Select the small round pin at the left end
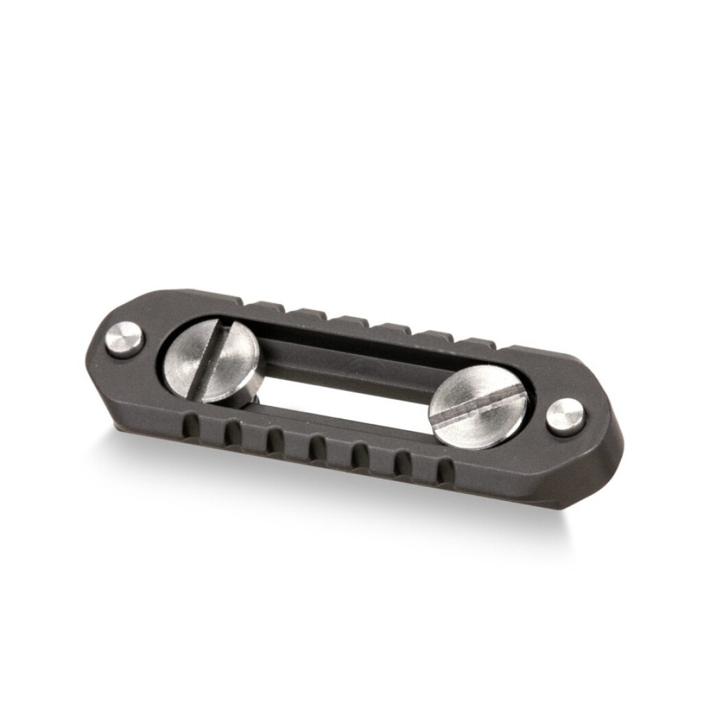point(125,340)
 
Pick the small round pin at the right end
point(565,416)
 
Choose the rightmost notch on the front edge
point(445,473)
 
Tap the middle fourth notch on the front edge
point(316,449)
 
